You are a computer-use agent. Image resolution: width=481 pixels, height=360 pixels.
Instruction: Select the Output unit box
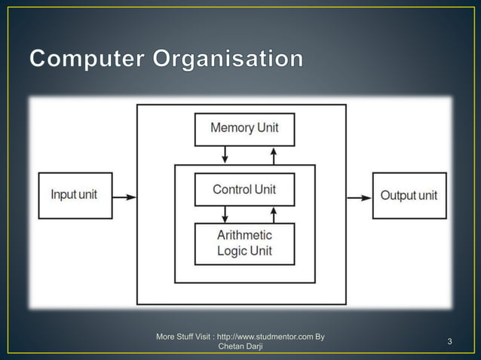[409, 196]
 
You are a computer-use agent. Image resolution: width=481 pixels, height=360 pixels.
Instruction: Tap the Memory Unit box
[244, 129]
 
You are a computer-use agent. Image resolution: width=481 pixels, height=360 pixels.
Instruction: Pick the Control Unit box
[244, 190]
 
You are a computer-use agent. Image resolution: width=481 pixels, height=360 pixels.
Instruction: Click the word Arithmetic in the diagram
[244, 236]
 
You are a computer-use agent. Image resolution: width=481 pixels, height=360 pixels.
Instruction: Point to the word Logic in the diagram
[231, 251]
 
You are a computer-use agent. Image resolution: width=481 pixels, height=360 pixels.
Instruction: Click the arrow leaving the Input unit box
[124, 197]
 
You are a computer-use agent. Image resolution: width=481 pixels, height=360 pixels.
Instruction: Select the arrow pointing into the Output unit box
[359, 197]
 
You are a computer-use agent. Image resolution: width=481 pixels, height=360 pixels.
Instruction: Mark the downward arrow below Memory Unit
[224, 154]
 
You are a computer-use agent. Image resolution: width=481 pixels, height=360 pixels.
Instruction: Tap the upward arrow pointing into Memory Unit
[273, 154]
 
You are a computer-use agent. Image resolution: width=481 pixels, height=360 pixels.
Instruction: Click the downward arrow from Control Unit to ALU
[224, 215]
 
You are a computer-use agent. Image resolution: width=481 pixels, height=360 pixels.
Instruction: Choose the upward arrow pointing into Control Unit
[273, 215]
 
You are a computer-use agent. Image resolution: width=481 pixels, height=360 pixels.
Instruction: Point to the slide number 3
[449, 343]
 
